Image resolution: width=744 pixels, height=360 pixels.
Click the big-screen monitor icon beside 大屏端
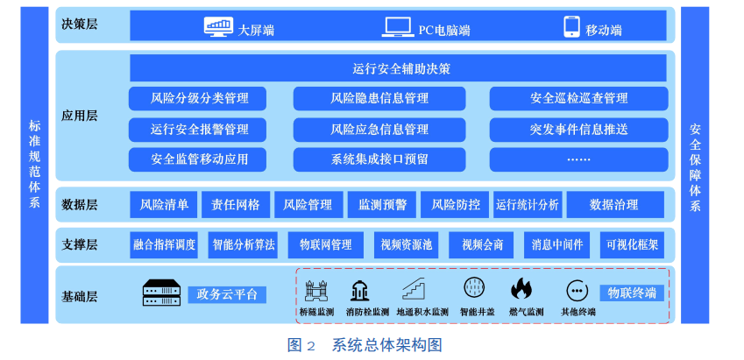tap(218, 27)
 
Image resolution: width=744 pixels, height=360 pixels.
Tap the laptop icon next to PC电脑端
tap(398, 27)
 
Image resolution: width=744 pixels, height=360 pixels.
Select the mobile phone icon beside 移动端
tap(571, 27)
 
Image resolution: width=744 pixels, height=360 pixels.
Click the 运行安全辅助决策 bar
tap(399, 68)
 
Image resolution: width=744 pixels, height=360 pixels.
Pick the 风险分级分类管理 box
tap(199, 98)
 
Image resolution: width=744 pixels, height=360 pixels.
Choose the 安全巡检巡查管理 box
tap(578, 98)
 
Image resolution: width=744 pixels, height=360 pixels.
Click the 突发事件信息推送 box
tap(578, 130)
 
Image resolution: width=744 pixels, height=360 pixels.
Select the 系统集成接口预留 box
tap(379, 159)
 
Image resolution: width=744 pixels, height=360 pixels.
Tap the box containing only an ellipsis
tap(578, 159)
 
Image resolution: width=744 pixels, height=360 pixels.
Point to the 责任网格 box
tap(237, 205)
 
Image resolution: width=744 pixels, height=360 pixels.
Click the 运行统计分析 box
tap(527, 205)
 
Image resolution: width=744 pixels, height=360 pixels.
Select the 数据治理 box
tap(614, 205)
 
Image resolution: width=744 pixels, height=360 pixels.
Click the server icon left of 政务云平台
tap(161, 293)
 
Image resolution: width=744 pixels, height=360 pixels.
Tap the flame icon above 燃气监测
tap(521, 288)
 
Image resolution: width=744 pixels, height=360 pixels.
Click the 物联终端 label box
tap(632, 293)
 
